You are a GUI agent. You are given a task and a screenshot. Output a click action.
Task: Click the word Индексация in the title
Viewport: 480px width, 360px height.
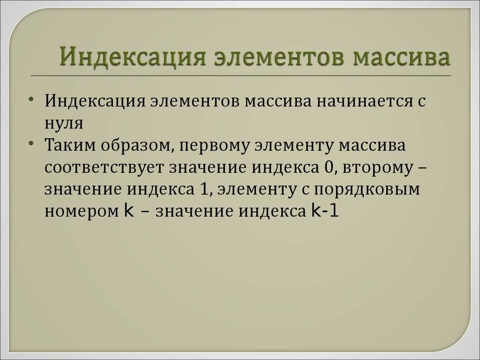click(x=132, y=57)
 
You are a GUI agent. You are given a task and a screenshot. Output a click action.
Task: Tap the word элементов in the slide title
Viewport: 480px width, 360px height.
click(x=278, y=58)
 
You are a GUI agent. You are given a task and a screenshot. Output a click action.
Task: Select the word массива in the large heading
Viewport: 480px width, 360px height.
click(x=401, y=58)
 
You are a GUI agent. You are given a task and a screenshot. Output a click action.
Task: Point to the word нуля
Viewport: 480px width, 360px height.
click(x=64, y=123)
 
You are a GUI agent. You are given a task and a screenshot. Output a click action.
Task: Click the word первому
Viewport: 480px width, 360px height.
click(x=214, y=146)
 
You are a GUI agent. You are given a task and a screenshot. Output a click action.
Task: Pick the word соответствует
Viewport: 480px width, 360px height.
click(x=104, y=168)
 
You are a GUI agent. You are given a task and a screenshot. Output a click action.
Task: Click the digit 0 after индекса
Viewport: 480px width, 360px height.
click(x=328, y=167)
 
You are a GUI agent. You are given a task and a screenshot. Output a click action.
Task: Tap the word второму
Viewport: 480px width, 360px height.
click(x=377, y=168)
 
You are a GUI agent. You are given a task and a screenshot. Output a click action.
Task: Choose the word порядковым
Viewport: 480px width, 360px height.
click(x=367, y=190)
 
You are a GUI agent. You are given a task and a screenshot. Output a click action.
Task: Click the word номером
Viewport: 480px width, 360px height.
click(x=82, y=212)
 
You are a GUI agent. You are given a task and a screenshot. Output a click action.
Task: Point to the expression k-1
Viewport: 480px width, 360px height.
click(x=325, y=210)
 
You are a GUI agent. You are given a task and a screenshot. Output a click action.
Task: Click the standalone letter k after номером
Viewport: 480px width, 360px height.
click(x=129, y=210)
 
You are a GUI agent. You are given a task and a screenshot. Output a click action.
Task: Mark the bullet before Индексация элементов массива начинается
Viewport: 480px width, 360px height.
click(x=31, y=99)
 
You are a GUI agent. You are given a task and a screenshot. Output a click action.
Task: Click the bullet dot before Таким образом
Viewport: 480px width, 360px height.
click(x=31, y=143)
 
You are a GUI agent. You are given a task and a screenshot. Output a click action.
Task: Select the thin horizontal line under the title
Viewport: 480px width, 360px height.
click(x=240, y=75)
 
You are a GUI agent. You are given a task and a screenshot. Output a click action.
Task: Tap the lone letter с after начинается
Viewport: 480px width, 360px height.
click(x=421, y=102)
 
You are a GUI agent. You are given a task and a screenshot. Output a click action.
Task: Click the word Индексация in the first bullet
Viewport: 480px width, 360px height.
click(x=95, y=101)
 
